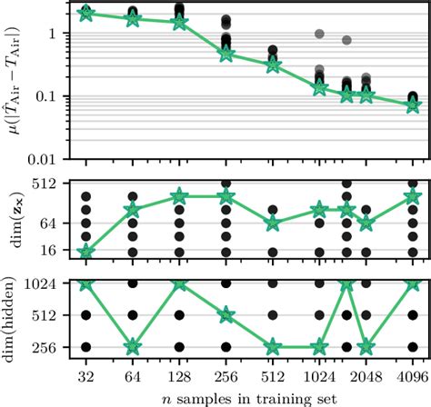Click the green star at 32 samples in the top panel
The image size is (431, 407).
[86, 13]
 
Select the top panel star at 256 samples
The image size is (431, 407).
[226, 55]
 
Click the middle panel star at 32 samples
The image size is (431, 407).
[86, 252]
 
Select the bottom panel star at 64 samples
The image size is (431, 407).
[133, 347]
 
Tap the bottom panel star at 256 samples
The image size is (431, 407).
[226, 315]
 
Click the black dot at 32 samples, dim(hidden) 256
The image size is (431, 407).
[86, 347]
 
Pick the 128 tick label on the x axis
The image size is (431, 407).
[179, 374]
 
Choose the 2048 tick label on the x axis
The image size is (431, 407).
[366, 374]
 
